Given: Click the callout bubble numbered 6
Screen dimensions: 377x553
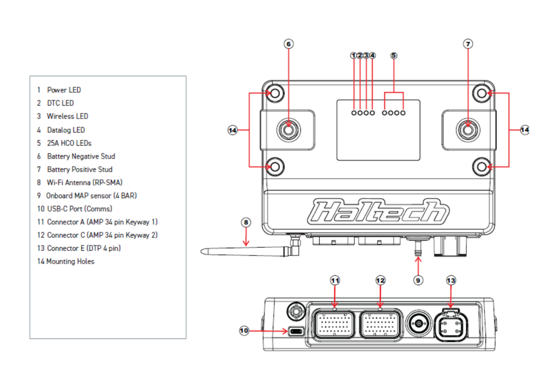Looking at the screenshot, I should point(288,44).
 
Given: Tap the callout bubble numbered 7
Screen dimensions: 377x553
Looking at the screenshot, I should point(468,44).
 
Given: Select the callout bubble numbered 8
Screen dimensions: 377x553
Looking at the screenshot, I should point(246,222).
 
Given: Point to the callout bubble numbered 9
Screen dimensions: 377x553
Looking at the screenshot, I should point(418,279).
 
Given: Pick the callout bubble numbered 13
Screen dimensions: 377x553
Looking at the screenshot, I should point(451,280).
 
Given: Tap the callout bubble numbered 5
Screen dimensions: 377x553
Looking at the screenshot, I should point(394,55).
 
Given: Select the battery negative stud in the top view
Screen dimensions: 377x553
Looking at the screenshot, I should point(288,129).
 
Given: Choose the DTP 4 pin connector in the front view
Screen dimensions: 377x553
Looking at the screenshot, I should point(452,328).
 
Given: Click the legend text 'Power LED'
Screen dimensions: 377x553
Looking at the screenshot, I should point(64,90).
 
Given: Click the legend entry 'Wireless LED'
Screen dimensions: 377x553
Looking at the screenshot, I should point(67,116).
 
